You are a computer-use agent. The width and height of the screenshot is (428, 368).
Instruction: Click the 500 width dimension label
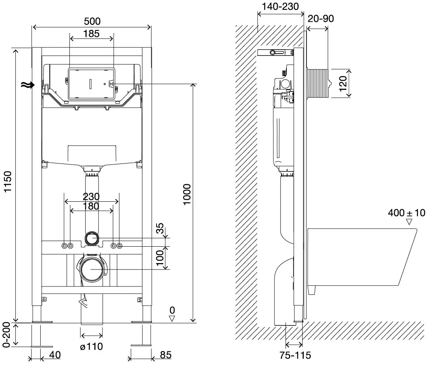[x=92, y=21]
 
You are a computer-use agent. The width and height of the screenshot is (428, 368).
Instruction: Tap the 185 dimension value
[x=91, y=34]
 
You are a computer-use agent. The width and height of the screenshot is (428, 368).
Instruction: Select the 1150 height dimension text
[x=8, y=182]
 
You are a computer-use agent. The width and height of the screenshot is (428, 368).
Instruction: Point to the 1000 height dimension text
[x=187, y=194]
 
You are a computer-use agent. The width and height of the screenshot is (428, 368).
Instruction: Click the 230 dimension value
[x=91, y=196]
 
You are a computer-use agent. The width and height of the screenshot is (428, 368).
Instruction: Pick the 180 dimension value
[x=91, y=206]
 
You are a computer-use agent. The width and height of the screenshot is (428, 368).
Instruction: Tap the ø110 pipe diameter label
[x=92, y=346]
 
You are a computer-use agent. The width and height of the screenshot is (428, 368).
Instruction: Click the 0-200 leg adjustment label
[x=6, y=335]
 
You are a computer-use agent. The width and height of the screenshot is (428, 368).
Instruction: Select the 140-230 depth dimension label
[x=280, y=7]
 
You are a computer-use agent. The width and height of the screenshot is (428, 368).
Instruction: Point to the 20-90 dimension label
[x=321, y=19]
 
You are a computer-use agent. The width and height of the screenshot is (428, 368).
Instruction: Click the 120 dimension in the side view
[x=342, y=84]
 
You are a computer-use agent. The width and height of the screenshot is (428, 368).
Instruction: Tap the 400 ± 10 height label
[x=406, y=213]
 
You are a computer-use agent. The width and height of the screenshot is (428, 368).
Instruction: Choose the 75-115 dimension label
[x=295, y=355]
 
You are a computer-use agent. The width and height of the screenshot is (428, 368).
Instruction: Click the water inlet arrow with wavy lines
[x=28, y=85]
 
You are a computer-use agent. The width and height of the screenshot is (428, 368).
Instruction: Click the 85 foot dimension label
[x=166, y=355]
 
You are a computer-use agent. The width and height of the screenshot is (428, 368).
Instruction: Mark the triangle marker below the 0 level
[x=172, y=318]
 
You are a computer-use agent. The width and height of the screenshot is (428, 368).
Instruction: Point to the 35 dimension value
[x=160, y=228]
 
